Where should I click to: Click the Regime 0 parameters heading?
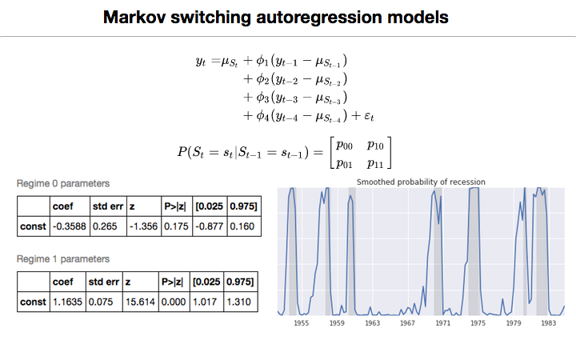tap(63, 184)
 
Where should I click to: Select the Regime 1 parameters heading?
tap(63, 258)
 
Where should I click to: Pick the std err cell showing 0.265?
tap(105, 226)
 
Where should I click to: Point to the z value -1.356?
tap(141, 226)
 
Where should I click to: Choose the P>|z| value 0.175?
tap(175, 226)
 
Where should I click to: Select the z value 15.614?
tap(141, 302)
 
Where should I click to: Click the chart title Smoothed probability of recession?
tap(421, 182)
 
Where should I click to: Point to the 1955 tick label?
tap(301, 323)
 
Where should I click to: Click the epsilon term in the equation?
tap(368, 117)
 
